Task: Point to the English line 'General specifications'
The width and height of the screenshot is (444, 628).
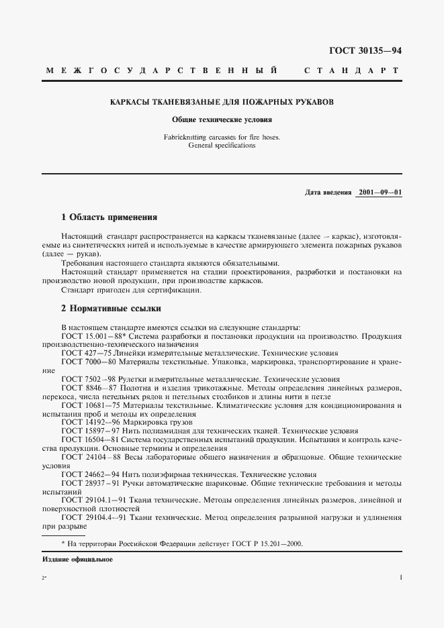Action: [222, 145]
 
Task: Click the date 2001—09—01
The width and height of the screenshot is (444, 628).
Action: [380, 192]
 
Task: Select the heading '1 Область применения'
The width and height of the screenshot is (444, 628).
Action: [109, 217]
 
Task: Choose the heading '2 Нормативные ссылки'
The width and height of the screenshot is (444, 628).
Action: [111, 309]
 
